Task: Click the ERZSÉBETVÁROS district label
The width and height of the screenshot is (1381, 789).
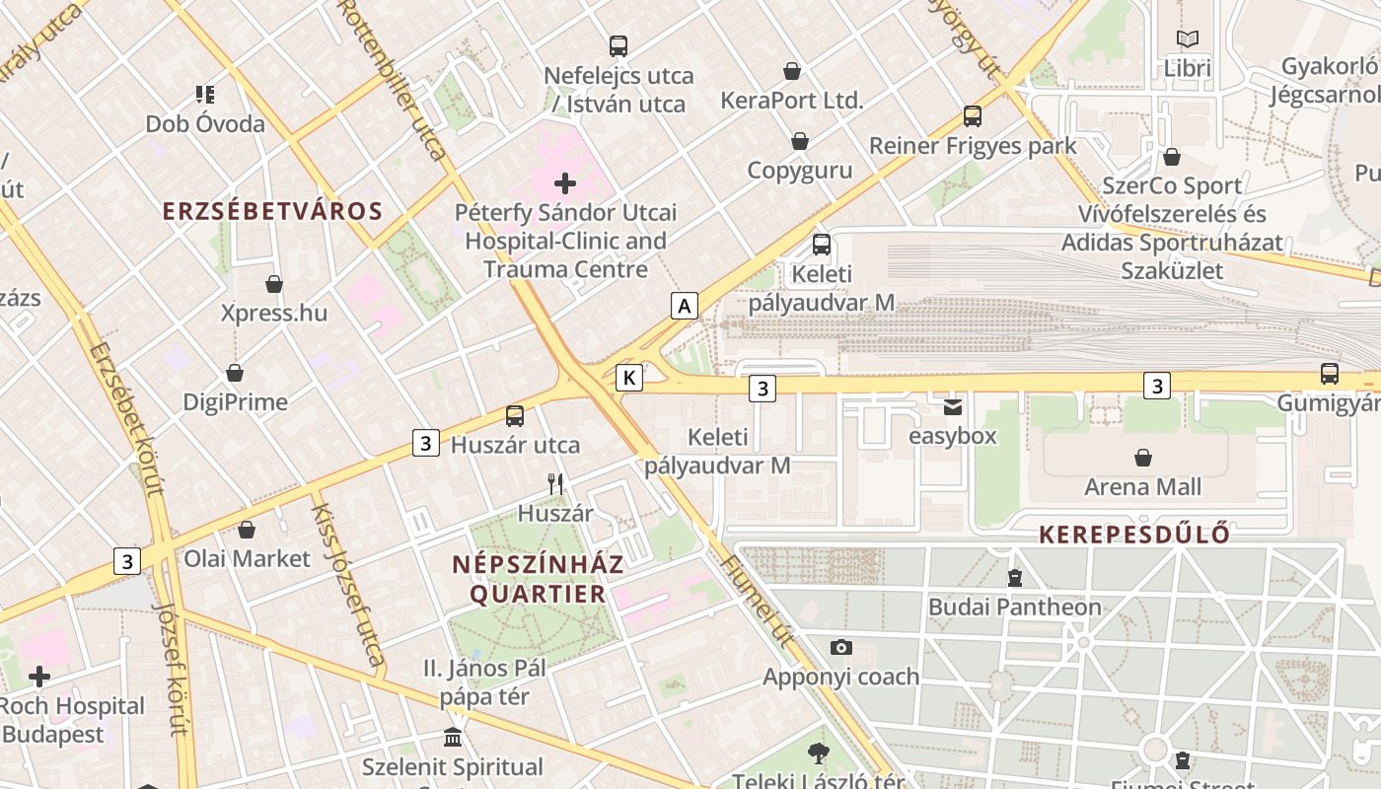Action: pos(272,211)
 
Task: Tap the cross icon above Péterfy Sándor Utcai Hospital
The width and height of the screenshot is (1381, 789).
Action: pos(565,183)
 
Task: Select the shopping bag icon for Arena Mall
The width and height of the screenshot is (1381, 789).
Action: pos(1143,458)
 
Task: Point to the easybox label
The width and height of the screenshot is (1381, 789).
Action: pos(952,436)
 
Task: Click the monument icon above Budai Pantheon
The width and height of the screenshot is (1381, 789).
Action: pos(1014,578)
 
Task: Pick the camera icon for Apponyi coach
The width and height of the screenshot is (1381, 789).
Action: pos(840,648)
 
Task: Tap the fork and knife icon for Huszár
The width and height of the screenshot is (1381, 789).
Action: pos(555,484)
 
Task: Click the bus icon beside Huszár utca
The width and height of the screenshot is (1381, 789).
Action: pos(514,416)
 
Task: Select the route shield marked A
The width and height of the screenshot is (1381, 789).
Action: pos(684,306)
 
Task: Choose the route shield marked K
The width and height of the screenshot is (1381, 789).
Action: pos(629,377)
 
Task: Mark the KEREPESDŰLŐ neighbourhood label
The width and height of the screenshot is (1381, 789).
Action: pos(1134,535)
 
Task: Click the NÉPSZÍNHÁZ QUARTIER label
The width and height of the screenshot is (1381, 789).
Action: pos(538,579)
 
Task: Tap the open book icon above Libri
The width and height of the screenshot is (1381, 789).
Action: pos(1188,39)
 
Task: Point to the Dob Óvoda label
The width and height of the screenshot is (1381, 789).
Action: pos(205,124)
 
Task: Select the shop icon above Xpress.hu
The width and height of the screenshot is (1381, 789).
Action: pos(274,285)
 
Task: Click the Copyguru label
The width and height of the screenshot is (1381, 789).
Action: pos(799,170)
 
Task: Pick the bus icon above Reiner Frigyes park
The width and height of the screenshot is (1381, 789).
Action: pos(973,116)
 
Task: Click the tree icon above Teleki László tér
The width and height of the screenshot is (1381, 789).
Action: pos(818,754)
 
